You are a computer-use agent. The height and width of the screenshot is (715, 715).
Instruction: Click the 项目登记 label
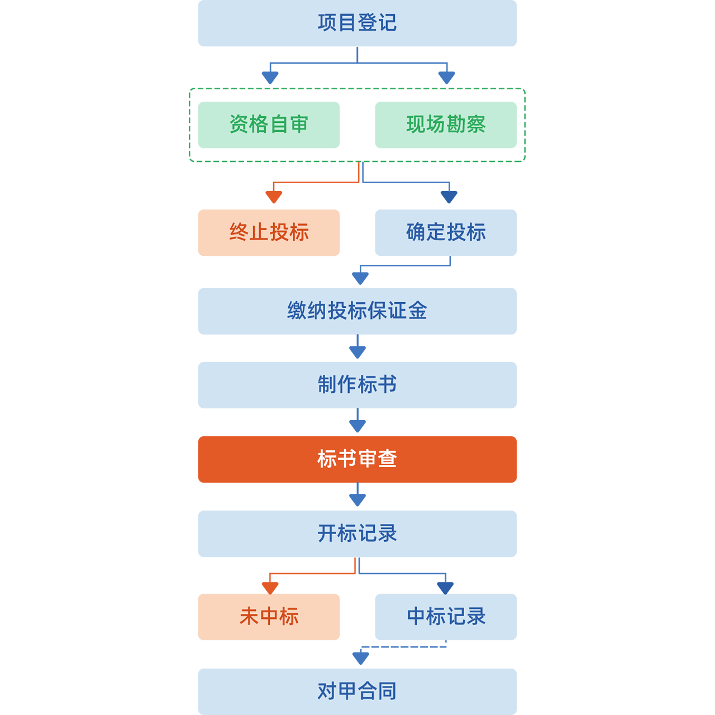(357, 23)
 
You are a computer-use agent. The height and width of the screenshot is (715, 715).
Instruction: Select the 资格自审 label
(269, 124)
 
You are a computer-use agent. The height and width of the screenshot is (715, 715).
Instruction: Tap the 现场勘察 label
(446, 124)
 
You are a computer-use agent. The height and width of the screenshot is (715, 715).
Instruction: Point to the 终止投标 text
(269, 232)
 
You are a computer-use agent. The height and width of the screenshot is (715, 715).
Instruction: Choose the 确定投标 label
(446, 232)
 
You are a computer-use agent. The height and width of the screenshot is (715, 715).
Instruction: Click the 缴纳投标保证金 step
(357, 311)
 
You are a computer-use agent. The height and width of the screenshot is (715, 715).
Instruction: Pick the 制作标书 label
(357, 384)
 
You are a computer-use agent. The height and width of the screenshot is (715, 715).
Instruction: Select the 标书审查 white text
(357, 459)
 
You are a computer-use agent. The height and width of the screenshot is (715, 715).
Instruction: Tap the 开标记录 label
(357, 533)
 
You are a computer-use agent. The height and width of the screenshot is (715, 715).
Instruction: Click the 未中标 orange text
(269, 616)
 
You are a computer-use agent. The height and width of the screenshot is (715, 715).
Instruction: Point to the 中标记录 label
(446, 616)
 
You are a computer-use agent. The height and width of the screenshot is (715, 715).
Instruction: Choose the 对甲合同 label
(357, 691)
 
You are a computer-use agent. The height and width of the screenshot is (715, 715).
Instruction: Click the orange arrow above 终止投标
(304, 186)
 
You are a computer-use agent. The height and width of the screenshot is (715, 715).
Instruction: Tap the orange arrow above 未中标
(304, 578)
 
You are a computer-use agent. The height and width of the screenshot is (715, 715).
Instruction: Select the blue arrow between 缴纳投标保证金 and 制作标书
(357, 347)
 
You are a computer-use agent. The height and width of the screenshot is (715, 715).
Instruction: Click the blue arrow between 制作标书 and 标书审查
(357, 421)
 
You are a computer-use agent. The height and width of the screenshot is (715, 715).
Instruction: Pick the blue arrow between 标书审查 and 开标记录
(357, 495)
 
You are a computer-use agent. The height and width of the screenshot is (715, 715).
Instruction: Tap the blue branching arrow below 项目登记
(357, 67)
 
